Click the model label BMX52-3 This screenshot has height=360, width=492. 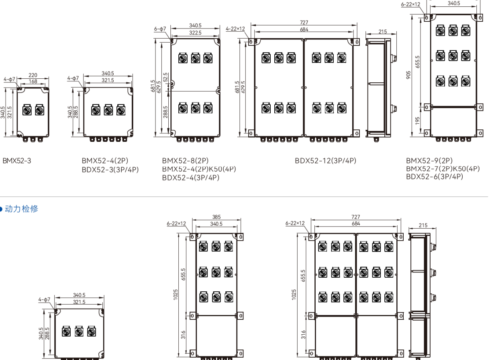pyautogui.click(x=17, y=161)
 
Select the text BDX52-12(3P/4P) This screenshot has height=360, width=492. pyautogui.click(x=325, y=161)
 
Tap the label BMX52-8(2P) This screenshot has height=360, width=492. pyautogui.click(x=185, y=161)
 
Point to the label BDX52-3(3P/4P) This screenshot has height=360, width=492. pyautogui.click(x=110, y=170)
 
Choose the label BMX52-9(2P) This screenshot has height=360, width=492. pyautogui.click(x=429, y=161)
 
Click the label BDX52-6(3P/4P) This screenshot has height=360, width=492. pyautogui.click(x=435, y=177)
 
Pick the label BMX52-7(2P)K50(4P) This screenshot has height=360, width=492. pyautogui.click(x=443, y=169)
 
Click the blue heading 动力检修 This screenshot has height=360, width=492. pyautogui.click(x=22, y=209)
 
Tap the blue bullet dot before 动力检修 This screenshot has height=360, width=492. pyautogui.click(x=1, y=209)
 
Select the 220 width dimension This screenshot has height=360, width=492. pyautogui.click(x=33, y=75)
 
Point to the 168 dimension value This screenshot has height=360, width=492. pyautogui.click(x=33, y=81)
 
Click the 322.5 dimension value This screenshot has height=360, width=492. pyautogui.click(x=195, y=33)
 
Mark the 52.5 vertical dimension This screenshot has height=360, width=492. pyautogui.click(x=165, y=77)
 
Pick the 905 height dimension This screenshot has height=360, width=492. pyautogui.click(x=408, y=75)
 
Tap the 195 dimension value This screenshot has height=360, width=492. pyautogui.click(x=417, y=121)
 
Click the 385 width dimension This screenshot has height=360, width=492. pyautogui.click(x=216, y=217)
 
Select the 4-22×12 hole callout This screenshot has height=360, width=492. pyautogui.click(x=235, y=29)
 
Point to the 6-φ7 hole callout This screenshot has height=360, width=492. pyautogui.click(x=160, y=29)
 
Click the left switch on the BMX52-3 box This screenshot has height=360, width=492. pyautogui.click(x=27, y=110)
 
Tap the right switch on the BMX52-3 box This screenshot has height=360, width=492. pyautogui.click(x=39, y=110)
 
